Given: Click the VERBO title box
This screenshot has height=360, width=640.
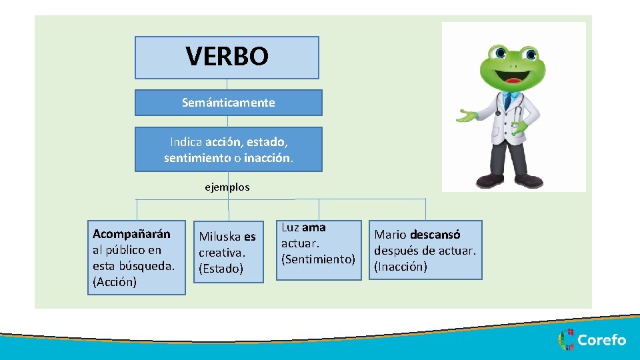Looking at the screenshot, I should point(227,57).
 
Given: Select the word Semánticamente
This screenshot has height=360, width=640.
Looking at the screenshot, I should point(228,103).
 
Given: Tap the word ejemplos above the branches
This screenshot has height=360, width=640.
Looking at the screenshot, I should point(227,187).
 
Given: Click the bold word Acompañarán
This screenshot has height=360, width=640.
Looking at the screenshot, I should point(131,234).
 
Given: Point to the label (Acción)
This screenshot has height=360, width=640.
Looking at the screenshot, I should point(115,282).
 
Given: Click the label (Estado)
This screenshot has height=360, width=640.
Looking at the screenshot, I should point(221,269).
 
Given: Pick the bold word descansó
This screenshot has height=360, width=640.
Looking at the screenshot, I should point(435,235).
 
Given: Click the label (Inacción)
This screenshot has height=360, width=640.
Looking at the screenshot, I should point(401,267).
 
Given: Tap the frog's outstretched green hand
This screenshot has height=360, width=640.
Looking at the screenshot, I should point(467,116).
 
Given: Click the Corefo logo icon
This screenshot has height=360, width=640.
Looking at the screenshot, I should point(566,340).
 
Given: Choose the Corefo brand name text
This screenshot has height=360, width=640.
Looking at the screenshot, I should point(601,340).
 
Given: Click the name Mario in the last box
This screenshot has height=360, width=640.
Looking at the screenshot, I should point(391,235).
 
